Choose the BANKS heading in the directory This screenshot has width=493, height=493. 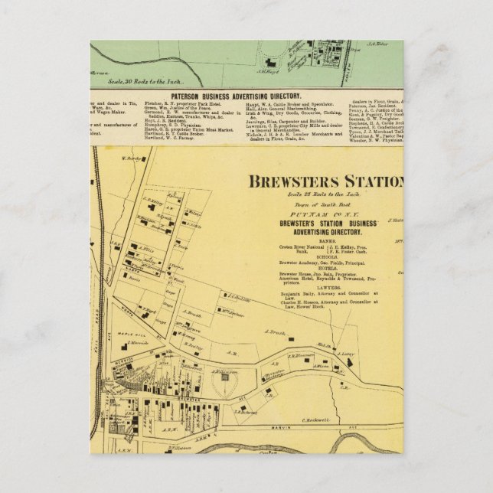click(x=317, y=240)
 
